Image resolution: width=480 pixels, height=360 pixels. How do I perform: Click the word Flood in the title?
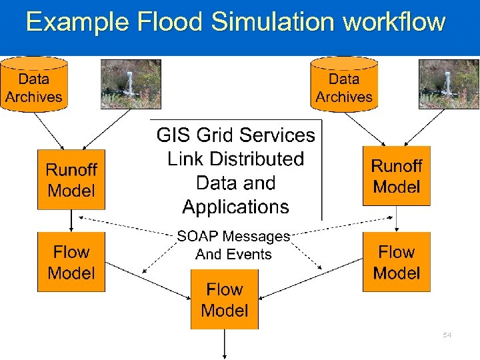169,22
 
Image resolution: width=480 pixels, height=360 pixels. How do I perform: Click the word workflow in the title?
393,22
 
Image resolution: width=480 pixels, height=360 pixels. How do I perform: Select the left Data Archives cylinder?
34,85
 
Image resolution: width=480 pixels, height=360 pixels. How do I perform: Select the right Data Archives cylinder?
344,85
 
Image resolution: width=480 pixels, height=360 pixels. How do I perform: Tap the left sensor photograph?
131,83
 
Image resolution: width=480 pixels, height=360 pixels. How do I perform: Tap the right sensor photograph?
449,83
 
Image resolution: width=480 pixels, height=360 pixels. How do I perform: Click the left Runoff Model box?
71,180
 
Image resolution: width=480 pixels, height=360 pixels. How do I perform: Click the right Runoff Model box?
397,176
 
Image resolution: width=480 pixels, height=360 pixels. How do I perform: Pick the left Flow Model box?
71,262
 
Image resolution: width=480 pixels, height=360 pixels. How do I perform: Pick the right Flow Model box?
397,262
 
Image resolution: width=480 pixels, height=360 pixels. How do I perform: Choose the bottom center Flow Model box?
225,299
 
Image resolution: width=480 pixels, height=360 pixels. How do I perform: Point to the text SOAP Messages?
233,236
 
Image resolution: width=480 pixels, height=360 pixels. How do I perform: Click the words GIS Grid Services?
235,135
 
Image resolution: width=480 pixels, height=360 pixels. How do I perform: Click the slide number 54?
447,335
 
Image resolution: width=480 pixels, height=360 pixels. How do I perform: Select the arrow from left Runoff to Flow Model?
71,220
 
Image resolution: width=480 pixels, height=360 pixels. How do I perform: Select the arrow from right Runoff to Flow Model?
397,218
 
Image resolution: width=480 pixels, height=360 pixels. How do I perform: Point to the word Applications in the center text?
235,207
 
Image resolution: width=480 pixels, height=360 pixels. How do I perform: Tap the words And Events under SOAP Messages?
233,255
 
